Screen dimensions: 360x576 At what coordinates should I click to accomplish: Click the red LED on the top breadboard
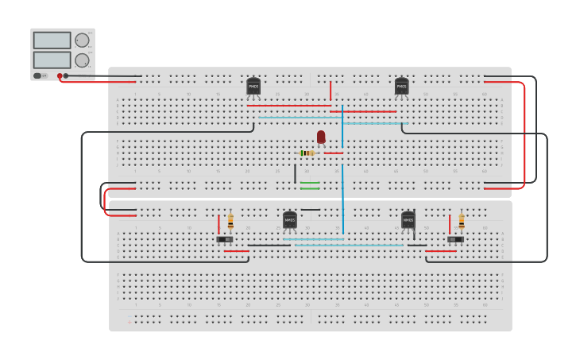point(321,137)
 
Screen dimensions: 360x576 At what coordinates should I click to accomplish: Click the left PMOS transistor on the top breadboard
point(253,85)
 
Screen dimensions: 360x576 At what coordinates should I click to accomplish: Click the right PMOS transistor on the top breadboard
point(401,85)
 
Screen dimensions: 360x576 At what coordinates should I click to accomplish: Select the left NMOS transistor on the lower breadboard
point(289,219)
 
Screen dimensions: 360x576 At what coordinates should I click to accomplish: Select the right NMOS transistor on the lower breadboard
point(408,219)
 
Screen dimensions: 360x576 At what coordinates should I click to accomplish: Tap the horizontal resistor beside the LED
point(307,153)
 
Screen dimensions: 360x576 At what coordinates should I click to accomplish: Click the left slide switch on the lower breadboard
point(225,239)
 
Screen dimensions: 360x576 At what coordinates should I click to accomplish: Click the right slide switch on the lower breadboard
point(455,239)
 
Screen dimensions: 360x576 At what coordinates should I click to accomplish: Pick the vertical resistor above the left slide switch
point(230,220)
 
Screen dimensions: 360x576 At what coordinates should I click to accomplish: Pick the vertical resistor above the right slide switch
point(461,220)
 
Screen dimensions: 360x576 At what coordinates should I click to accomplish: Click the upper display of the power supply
point(52,40)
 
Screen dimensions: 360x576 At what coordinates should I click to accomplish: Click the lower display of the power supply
point(52,60)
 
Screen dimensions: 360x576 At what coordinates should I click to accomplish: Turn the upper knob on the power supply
point(82,40)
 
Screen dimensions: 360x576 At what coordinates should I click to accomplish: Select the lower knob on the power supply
point(82,60)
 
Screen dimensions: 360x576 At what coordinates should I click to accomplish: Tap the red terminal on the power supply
point(59,76)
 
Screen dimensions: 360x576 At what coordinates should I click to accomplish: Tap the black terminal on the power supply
point(66,76)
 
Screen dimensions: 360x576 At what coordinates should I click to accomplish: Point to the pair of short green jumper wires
point(310,185)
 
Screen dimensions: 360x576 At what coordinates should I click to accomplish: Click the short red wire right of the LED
point(334,153)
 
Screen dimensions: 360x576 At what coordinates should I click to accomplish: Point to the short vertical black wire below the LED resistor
point(295,174)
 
